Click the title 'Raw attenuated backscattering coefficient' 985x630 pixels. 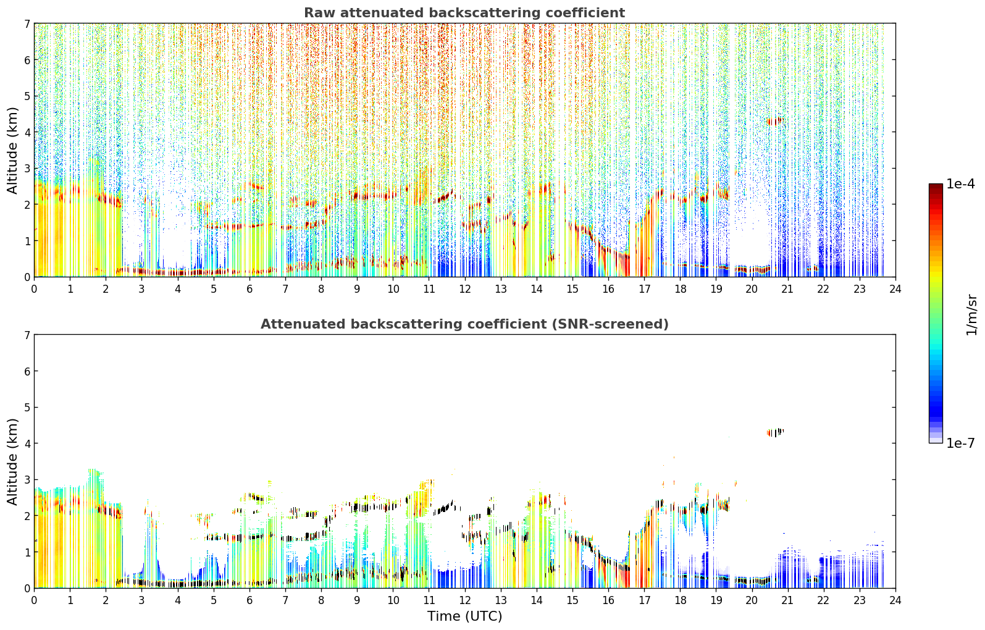click(x=464, y=13)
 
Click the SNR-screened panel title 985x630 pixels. click(x=464, y=324)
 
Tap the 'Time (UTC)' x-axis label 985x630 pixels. click(x=464, y=616)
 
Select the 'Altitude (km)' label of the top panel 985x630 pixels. click(x=12, y=151)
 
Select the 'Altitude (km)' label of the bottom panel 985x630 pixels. click(x=12, y=462)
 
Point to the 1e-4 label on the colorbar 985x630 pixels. click(x=960, y=184)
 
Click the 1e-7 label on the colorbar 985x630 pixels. click(x=960, y=443)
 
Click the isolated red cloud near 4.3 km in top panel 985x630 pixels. click(x=775, y=121)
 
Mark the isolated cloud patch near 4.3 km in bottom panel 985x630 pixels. click(x=775, y=432)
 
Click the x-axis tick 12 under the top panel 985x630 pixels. click(x=465, y=289)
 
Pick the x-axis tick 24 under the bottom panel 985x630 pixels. click(x=895, y=600)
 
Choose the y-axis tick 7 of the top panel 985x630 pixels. click(x=27, y=23)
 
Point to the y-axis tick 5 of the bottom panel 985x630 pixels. click(x=27, y=408)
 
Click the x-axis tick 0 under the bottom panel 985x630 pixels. click(x=35, y=600)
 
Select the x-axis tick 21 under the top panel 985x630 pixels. click(x=787, y=289)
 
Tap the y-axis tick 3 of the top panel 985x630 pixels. click(x=27, y=169)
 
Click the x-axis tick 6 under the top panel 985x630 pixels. click(x=249, y=289)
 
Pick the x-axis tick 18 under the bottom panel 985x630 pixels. click(x=681, y=600)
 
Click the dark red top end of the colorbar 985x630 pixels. click(x=936, y=186)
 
